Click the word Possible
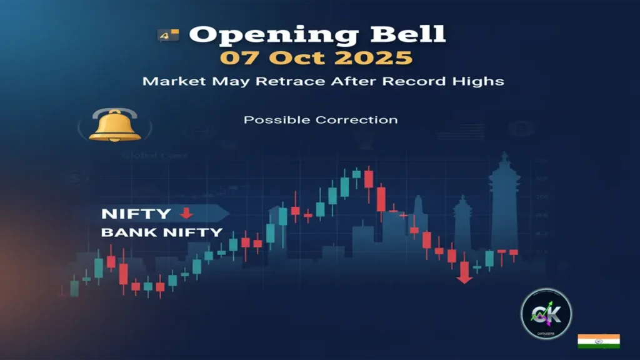pos(277,119)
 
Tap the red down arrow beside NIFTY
pos(186,213)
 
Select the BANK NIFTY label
pos(162,232)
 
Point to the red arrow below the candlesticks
pos(464,272)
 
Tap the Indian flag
pos(598,341)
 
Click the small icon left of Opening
pos(168,36)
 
